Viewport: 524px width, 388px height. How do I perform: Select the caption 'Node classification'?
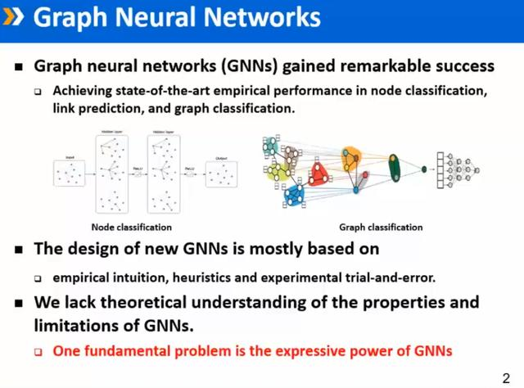[x=131, y=227]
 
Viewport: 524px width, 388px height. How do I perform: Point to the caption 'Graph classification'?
[x=381, y=227]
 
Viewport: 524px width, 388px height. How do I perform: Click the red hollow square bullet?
[x=38, y=352]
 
